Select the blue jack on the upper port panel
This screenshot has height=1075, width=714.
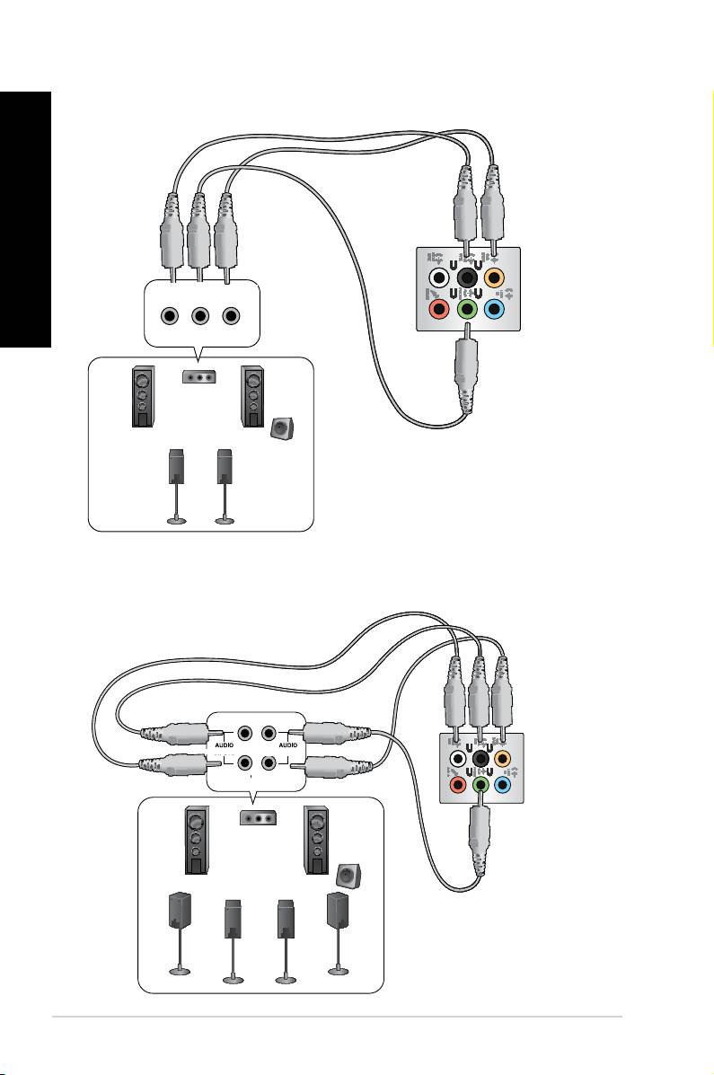coord(495,310)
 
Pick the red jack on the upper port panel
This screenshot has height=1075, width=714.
coord(438,310)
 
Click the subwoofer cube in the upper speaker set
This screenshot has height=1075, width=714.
coord(281,429)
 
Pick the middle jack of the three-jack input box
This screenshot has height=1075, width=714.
coord(200,316)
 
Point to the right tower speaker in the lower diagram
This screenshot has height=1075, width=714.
coord(317,840)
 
